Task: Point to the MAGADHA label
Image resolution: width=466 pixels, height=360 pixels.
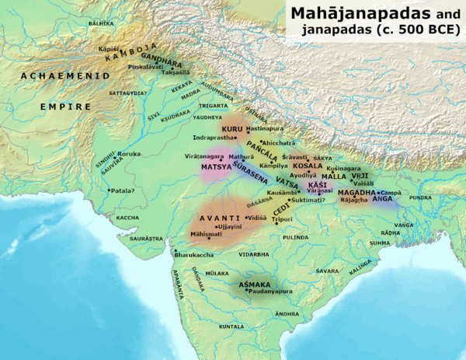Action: coord(356,191)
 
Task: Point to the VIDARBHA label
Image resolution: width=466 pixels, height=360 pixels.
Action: coord(257,253)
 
